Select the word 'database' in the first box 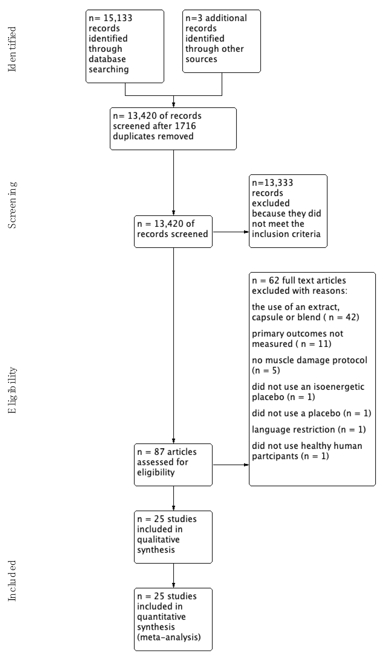point(107,59)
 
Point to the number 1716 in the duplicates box point(185,126)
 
